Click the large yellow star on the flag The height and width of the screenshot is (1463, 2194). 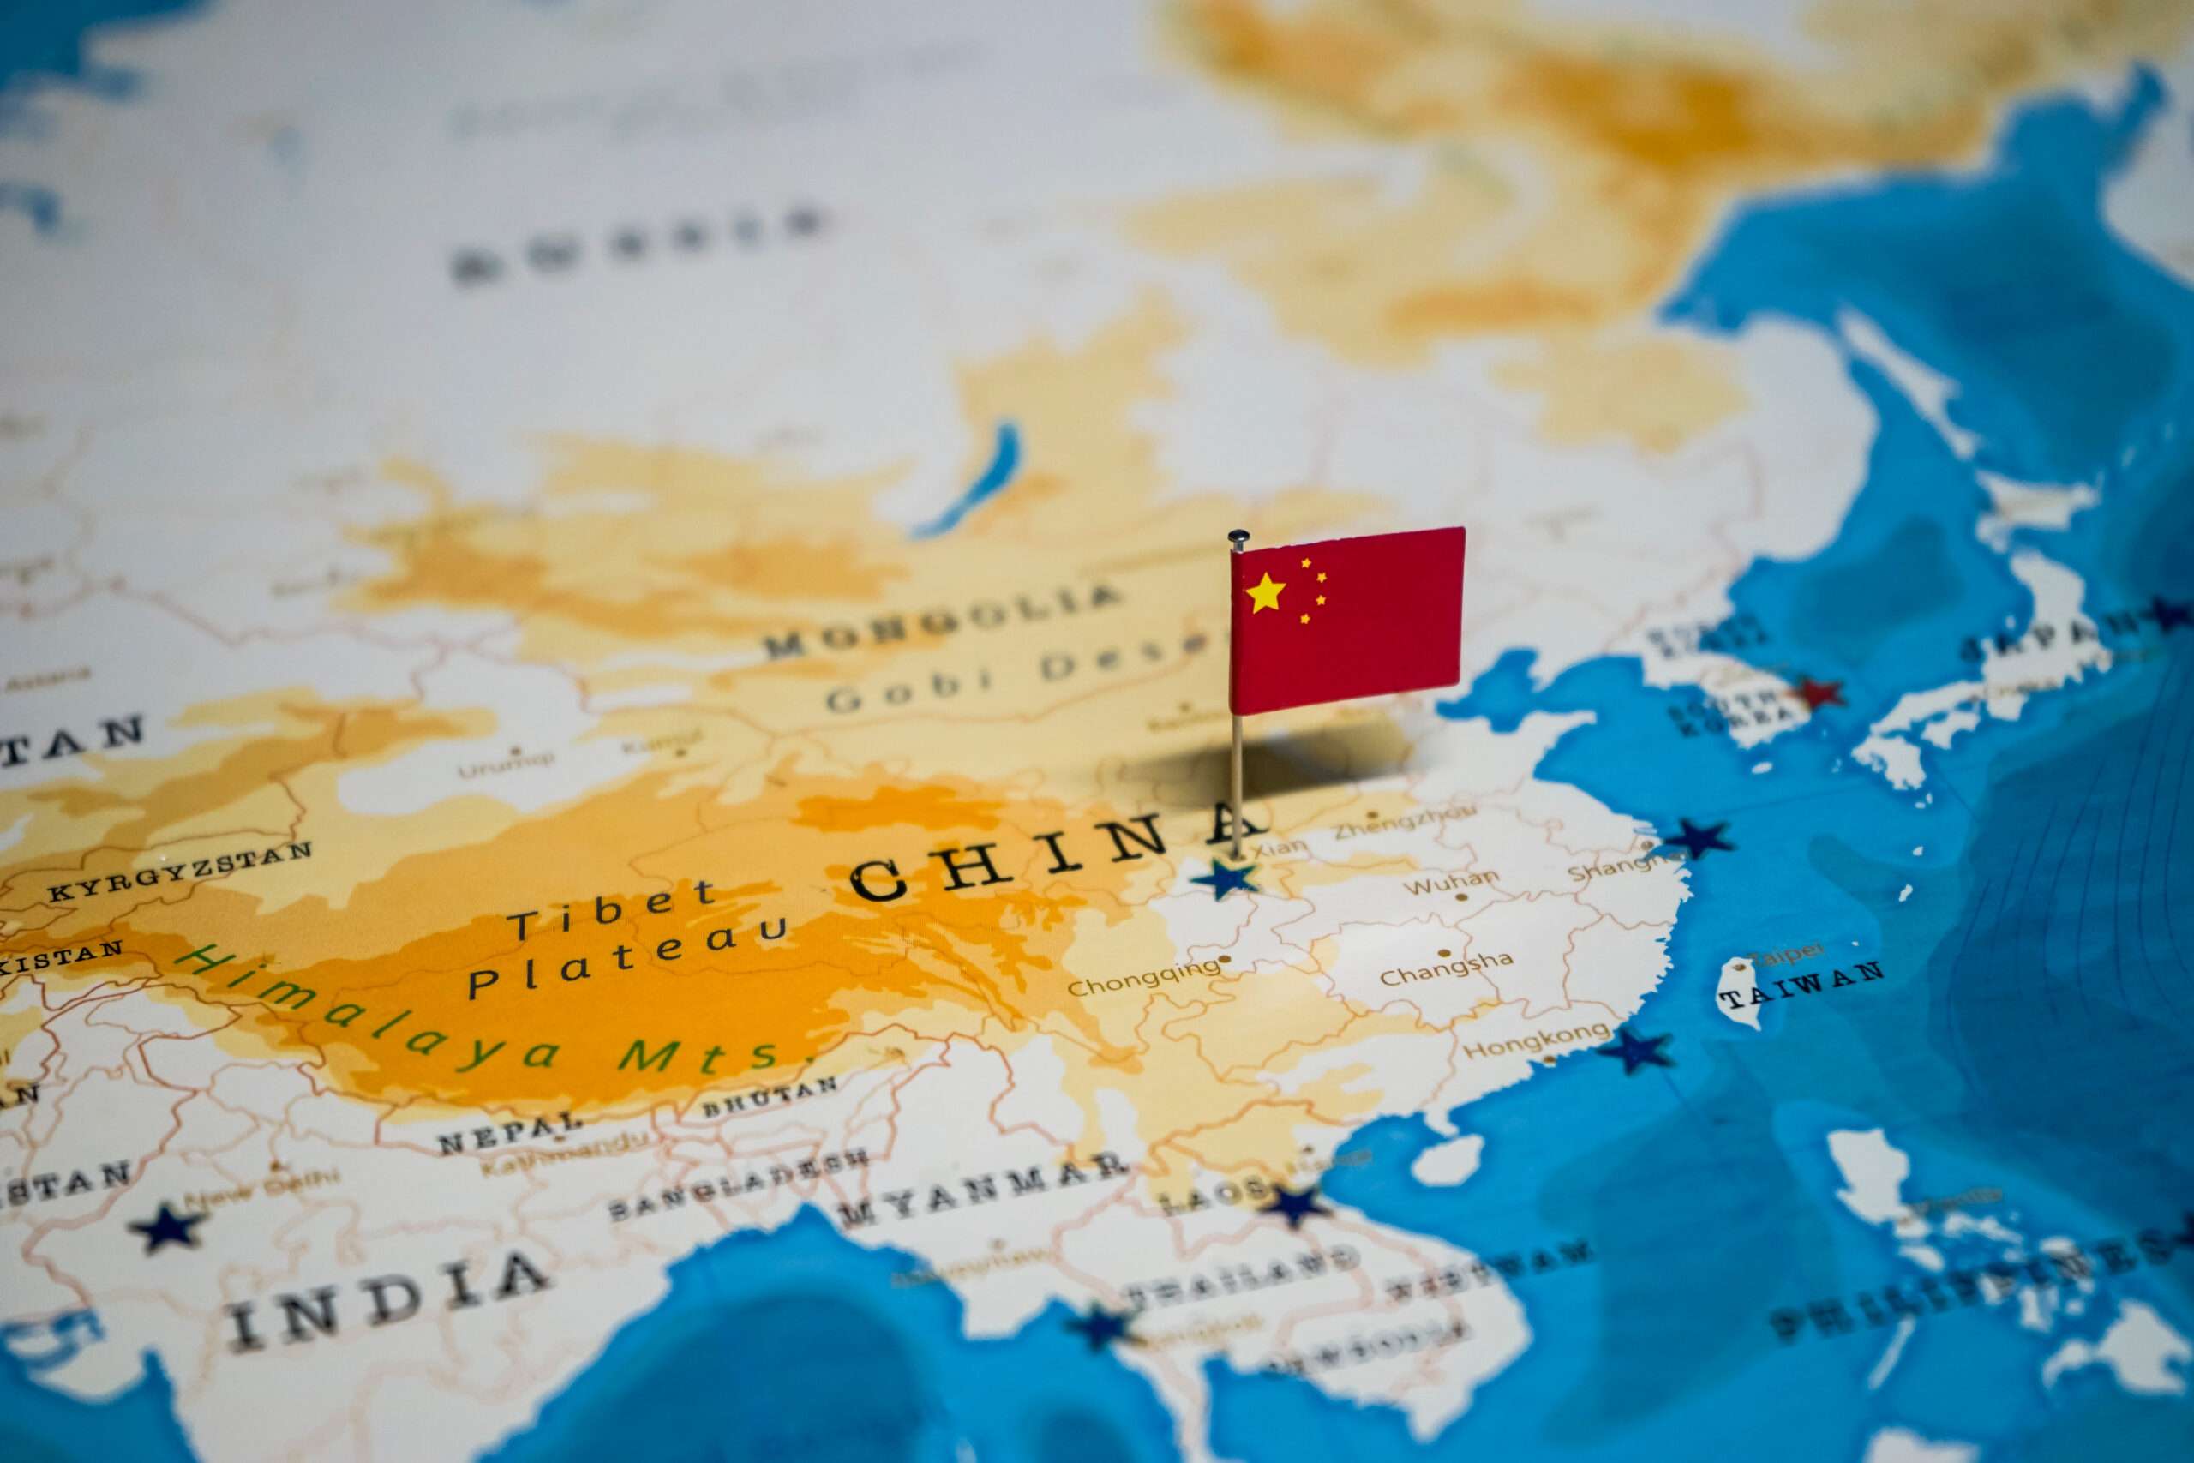point(1265,593)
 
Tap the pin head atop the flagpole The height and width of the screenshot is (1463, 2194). point(1238,537)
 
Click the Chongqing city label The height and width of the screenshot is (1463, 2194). point(1142,979)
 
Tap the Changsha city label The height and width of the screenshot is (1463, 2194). point(1446,969)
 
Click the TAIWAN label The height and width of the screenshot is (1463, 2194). point(1801,985)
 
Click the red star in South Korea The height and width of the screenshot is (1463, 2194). point(1818,693)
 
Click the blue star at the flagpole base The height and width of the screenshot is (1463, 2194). point(1225,878)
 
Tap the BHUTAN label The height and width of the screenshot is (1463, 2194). point(770,1097)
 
